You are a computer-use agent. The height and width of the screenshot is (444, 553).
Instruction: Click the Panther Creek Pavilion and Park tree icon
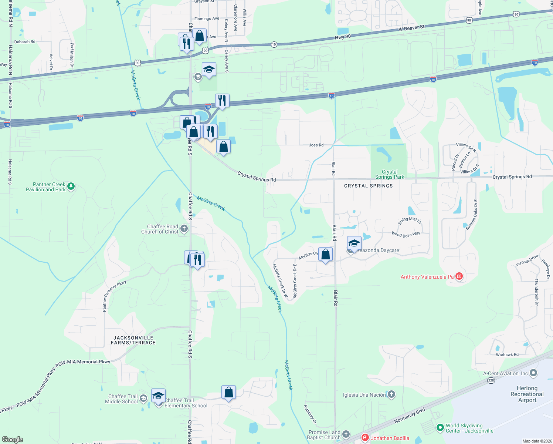71,186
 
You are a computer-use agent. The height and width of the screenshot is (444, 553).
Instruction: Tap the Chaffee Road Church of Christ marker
184,229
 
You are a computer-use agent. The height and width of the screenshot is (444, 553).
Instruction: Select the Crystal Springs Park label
390,174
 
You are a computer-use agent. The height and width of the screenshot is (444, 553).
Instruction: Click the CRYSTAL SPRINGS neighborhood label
368,186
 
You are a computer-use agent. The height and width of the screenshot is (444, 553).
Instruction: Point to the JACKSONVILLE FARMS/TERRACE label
133,340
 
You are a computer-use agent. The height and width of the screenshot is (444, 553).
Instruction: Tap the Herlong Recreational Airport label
527,394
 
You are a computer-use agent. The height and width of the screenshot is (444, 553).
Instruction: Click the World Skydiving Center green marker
440,428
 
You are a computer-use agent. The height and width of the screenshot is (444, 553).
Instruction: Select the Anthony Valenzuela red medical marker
459,276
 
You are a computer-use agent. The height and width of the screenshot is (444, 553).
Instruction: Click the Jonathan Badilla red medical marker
365,438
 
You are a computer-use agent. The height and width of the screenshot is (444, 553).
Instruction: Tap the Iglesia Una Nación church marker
391,394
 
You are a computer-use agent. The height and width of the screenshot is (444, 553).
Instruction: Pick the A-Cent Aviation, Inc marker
533,373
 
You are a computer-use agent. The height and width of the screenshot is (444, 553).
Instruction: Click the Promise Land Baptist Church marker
346,434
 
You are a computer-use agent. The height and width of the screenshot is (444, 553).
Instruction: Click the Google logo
13,440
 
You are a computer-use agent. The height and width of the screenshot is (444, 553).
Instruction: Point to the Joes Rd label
316,145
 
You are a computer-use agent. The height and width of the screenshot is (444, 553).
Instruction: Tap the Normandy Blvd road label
410,416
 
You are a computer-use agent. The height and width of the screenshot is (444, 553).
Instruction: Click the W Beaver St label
412,28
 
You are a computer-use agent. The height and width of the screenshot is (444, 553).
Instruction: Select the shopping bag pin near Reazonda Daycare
325,255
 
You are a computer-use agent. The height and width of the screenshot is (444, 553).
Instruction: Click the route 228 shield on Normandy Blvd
491,380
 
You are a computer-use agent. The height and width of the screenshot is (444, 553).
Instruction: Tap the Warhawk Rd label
507,354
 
